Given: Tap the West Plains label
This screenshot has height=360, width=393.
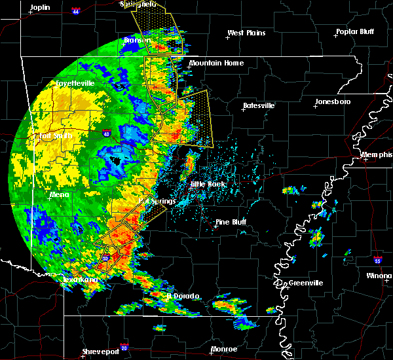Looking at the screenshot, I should click(248, 33).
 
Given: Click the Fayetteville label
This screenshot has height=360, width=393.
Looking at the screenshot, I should click(75, 84).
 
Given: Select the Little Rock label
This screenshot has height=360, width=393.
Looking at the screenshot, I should click(208, 185).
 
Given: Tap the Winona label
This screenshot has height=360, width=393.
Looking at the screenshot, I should click(379, 276).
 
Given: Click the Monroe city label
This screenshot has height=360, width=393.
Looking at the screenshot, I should click(224, 350).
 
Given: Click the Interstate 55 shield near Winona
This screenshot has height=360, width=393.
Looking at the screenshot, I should click(379, 260).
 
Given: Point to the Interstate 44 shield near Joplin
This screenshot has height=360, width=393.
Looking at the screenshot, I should click(76, 11).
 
